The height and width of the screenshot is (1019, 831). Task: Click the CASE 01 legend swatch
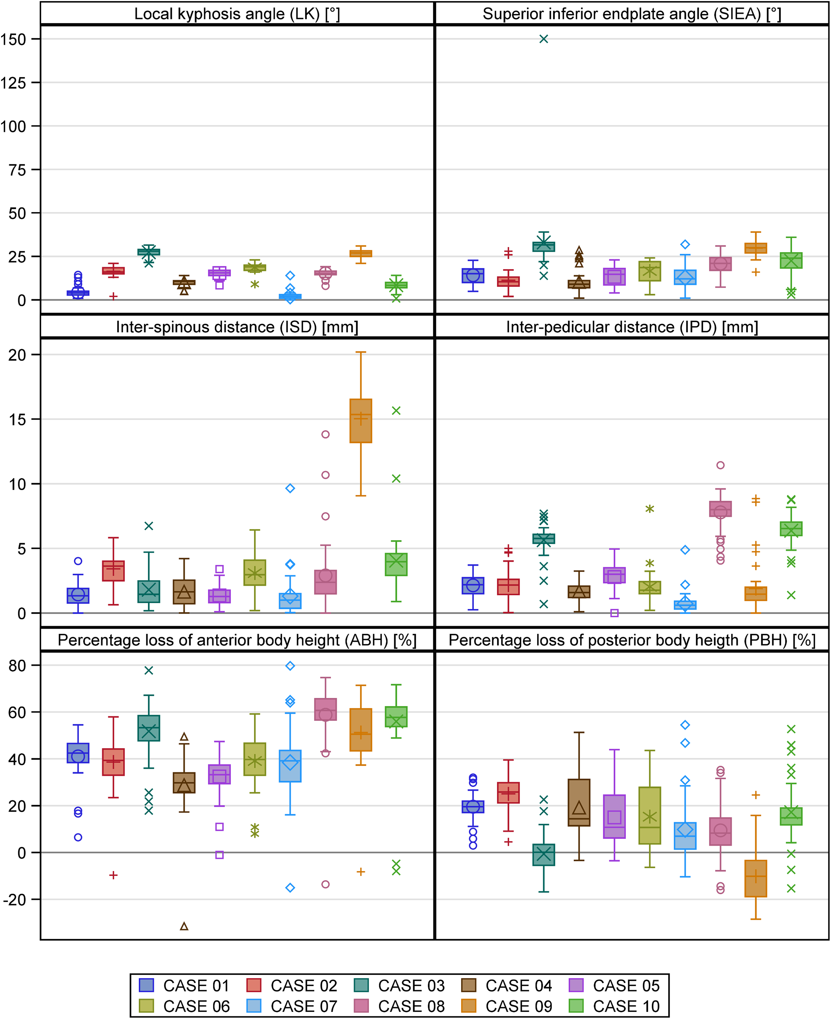tap(146, 985)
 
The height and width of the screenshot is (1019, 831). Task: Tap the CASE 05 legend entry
tap(614, 985)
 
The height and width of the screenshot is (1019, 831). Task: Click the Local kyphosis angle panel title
tap(237, 14)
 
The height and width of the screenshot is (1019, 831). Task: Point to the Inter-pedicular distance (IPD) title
tap(632, 327)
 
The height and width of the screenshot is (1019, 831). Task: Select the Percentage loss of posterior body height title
tap(632, 640)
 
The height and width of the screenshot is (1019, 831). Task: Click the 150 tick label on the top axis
tap(13, 39)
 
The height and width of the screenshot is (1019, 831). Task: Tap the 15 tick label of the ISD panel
tap(17, 419)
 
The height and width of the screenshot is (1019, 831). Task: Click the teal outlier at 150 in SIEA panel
tap(544, 39)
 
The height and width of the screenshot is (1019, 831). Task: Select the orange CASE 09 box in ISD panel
tap(361, 421)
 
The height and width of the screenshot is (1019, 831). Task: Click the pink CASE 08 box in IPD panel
tap(720, 509)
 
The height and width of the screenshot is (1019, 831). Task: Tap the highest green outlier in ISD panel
tap(396, 410)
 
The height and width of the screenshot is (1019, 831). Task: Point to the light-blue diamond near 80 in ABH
tap(290, 665)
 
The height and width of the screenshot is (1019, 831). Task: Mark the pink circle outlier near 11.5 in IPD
tap(720, 465)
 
